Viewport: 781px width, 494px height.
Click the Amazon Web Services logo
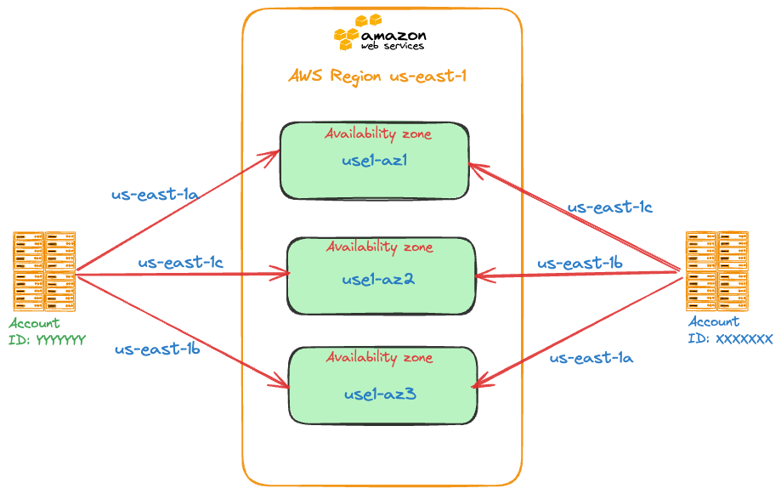click(380, 34)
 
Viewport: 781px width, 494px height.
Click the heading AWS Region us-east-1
click(378, 77)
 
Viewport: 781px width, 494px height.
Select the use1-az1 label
click(375, 160)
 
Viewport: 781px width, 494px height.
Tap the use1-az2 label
click(378, 279)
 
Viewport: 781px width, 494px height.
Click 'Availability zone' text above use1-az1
click(378, 133)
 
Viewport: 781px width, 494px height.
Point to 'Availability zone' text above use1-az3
click(379, 357)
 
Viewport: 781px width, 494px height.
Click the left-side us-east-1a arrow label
click(155, 194)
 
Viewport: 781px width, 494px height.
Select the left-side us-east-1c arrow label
click(180, 263)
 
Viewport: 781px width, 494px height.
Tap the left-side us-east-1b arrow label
click(157, 348)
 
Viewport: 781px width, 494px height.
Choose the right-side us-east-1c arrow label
click(609, 207)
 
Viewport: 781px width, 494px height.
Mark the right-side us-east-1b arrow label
click(580, 264)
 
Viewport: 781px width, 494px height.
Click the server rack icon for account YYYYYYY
click(44, 270)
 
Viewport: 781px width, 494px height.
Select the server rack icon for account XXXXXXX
click(717, 270)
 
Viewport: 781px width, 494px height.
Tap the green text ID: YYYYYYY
click(48, 340)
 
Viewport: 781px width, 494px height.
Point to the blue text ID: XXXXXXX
click(730, 338)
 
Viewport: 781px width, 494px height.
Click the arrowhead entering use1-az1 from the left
click(274, 154)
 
